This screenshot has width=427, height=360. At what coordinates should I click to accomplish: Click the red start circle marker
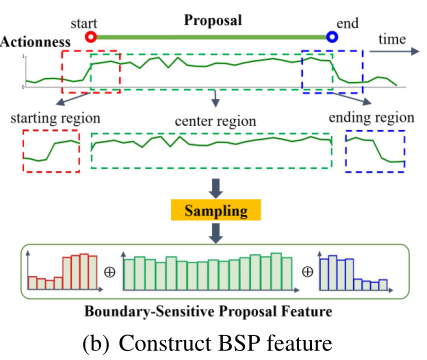pyautogui.click(x=91, y=37)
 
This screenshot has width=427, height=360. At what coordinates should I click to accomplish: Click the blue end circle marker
pyautogui.click(x=332, y=37)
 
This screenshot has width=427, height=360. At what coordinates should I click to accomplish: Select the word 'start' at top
pyautogui.click(x=89, y=17)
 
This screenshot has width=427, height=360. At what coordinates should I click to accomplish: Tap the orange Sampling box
pyautogui.click(x=214, y=211)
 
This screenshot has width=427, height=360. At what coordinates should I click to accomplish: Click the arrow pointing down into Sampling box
pyautogui.click(x=214, y=187)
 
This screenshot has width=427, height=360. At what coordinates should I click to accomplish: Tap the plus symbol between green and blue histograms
pyautogui.click(x=306, y=272)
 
